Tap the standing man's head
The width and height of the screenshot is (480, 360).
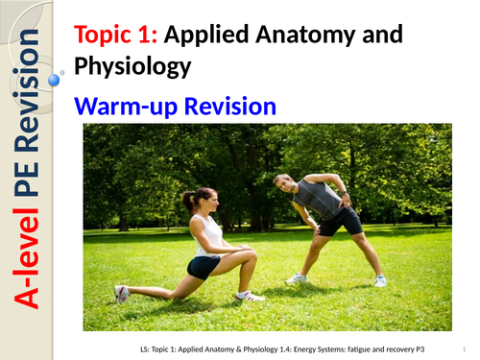point(283,181)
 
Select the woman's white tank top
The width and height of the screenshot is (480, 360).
point(209,234)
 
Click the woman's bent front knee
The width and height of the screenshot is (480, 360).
point(229,259)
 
